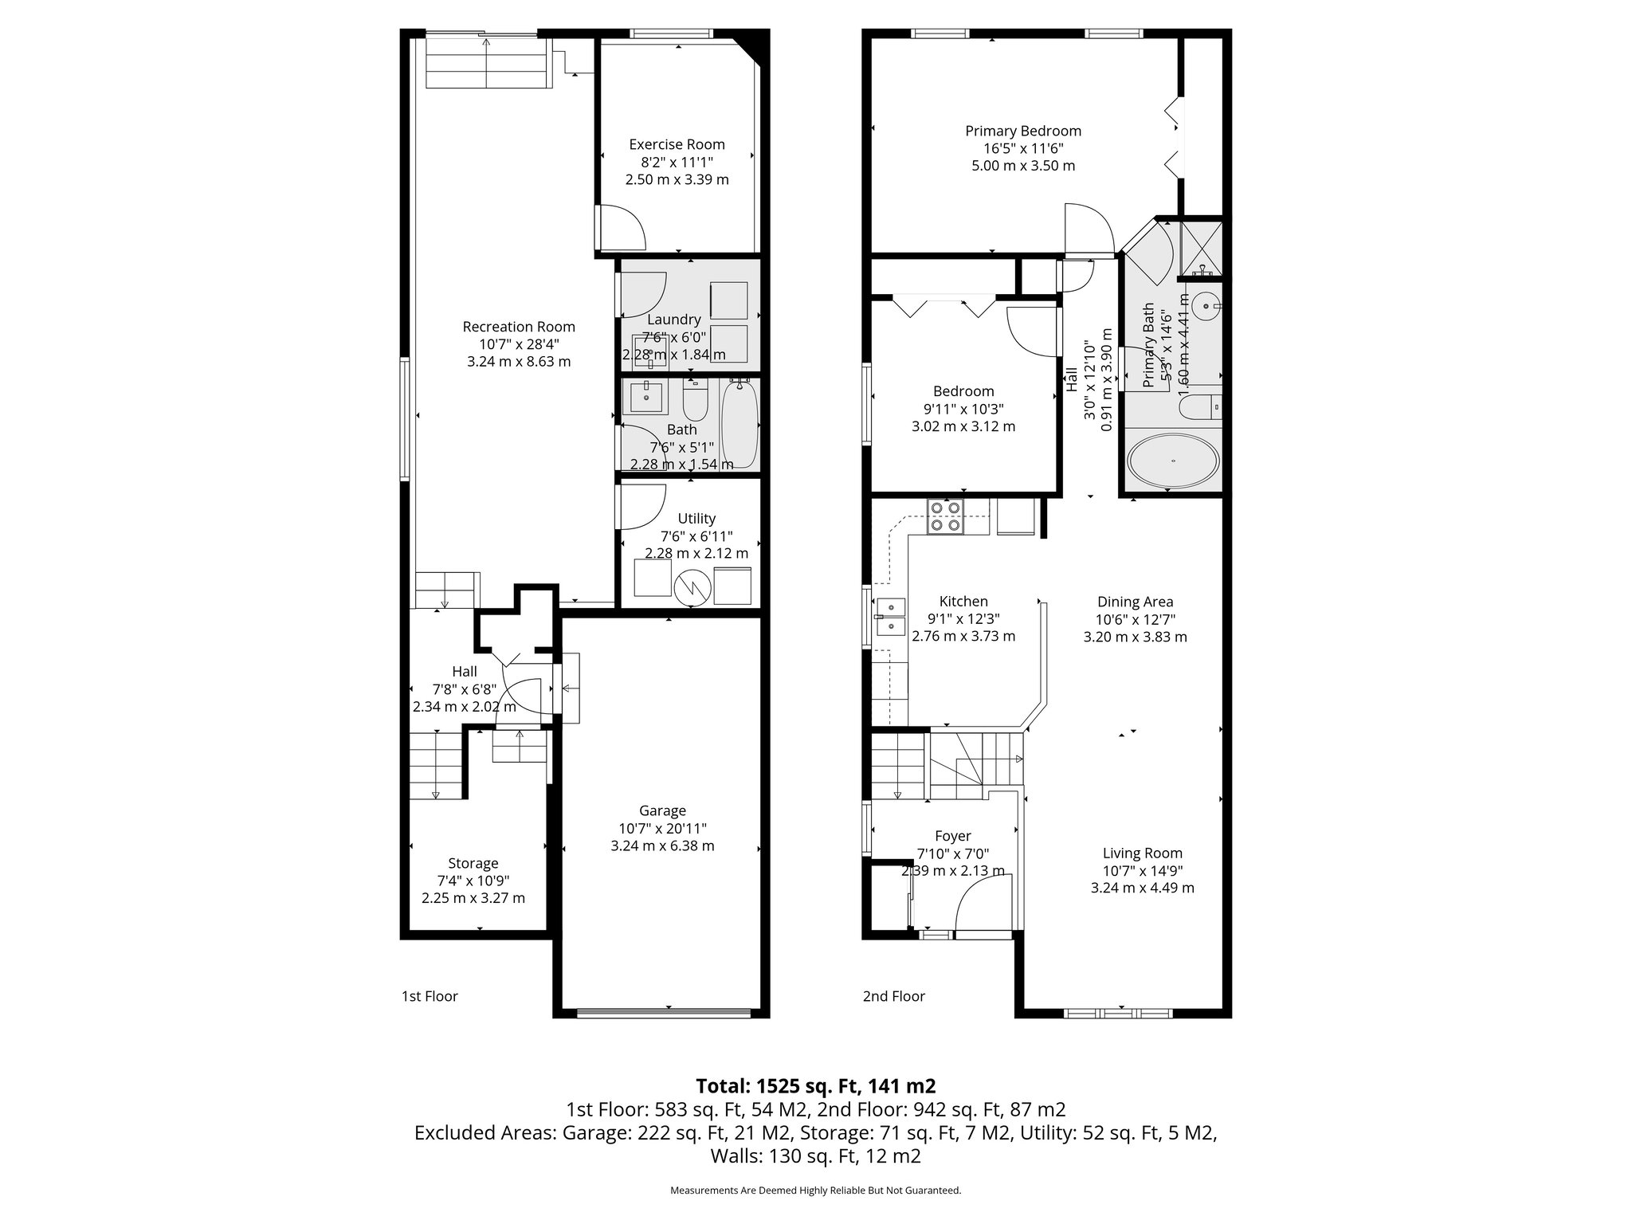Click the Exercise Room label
coord(677,144)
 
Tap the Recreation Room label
coord(519,327)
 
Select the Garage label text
coord(662,811)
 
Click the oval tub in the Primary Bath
coord(1171,461)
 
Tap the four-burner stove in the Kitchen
coord(946,516)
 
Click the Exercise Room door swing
coord(623,227)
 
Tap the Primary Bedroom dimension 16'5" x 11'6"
coord(1023,148)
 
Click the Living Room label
coord(1142,853)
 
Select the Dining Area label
coord(1135,602)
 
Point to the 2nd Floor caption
coord(893,996)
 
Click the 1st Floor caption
coord(430,996)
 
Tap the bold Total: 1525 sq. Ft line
coord(815,1086)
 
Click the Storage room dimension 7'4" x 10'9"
coord(473,881)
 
